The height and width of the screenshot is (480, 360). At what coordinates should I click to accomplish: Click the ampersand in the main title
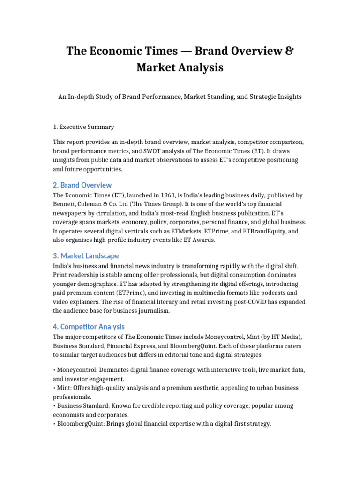[290, 51]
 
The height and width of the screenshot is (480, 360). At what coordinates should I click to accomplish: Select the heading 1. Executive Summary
[83, 127]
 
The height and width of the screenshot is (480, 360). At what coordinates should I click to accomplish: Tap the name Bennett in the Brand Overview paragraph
[65, 204]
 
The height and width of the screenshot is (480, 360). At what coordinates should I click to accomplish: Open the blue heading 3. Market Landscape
[86, 256]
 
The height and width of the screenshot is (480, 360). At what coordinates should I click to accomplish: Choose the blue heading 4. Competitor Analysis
[89, 326]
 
